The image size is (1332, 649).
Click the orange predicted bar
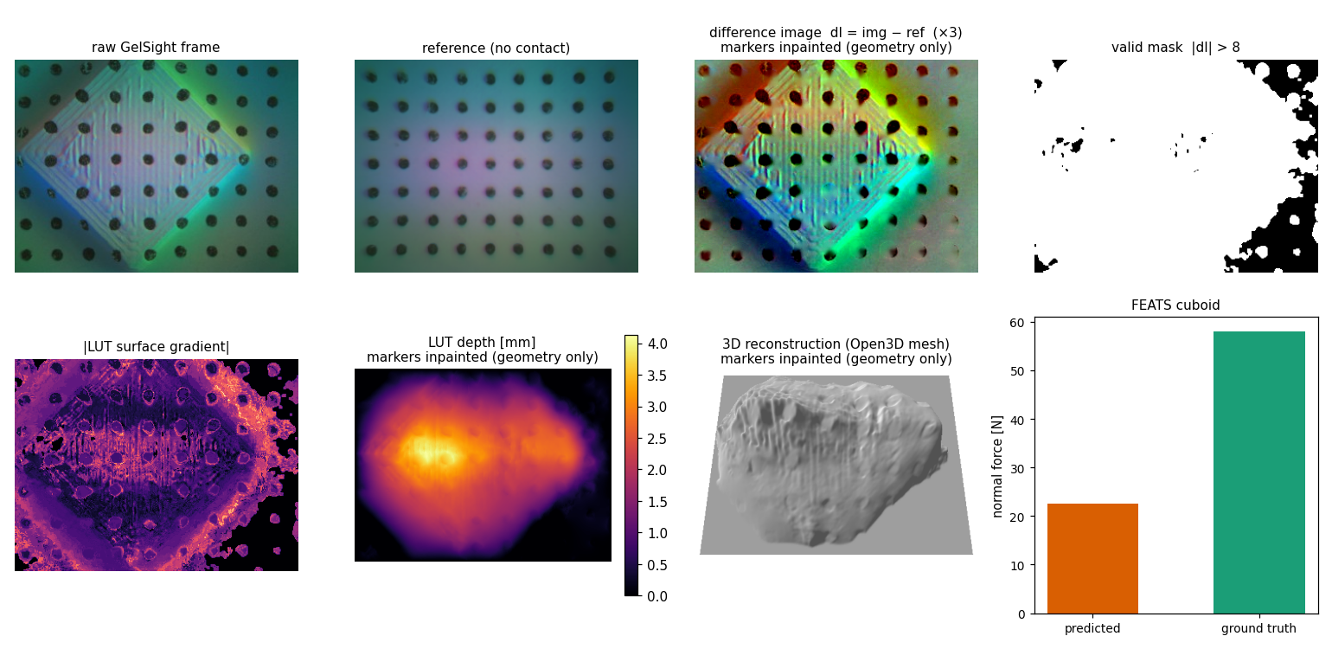point(1092,559)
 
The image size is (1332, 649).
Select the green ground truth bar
point(1258,472)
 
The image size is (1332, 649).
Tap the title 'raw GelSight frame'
point(156,48)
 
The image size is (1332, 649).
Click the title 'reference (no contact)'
point(496,48)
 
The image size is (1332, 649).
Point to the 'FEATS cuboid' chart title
point(1175,305)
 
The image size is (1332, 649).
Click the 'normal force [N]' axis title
point(997,466)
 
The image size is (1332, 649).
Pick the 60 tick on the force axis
point(1017,323)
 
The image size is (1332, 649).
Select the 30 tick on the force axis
point(1017,469)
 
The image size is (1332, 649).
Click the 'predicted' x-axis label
point(1092,628)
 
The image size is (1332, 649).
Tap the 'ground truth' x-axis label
point(1258,628)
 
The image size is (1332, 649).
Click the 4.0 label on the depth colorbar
point(657,344)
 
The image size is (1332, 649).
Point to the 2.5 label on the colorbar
point(657,439)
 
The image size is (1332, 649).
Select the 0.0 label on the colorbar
point(657,597)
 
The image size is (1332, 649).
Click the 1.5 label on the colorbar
point(657,502)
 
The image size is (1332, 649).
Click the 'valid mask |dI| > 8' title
point(1175,48)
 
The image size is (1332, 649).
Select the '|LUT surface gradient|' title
point(156,347)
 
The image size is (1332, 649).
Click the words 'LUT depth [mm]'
point(482,343)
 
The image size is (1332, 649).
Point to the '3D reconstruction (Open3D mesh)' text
point(836,344)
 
